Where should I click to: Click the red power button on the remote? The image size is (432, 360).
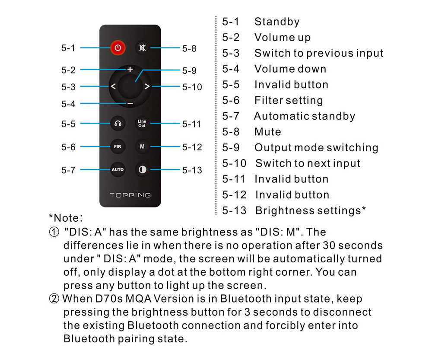click(118, 48)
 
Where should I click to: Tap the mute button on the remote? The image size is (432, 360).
click(142, 48)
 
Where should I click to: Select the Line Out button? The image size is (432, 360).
click(142, 124)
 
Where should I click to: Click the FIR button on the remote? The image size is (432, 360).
click(118, 147)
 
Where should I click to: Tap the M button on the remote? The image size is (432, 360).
click(142, 147)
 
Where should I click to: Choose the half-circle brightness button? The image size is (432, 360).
click(142, 170)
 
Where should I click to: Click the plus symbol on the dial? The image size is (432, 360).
click(130, 69)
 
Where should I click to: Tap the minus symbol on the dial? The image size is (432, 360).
click(130, 104)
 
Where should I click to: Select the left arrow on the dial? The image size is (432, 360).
click(113, 86)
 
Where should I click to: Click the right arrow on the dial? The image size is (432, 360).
click(147, 86)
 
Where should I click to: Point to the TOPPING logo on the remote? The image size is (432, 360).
click(130, 195)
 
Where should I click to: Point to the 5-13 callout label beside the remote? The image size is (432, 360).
click(192, 170)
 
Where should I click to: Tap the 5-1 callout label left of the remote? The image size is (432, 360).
click(68, 48)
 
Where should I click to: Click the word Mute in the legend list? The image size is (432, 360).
click(267, 132)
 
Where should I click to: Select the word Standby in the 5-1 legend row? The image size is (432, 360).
click(276, 22)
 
